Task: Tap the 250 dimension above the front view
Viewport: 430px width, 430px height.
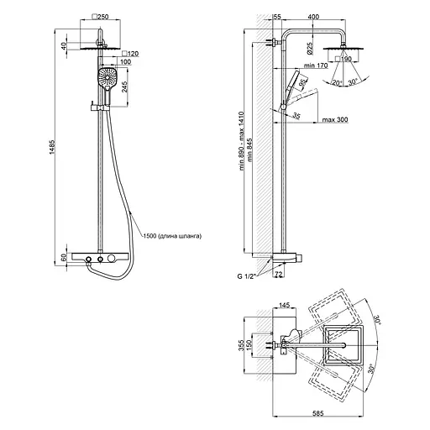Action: click(101, 17)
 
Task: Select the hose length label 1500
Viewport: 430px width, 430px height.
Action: click(149, 236)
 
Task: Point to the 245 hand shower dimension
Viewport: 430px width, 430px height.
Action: click(124, 87)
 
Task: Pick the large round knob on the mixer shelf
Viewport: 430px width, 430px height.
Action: click(112, 258)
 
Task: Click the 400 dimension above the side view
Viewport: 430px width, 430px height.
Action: click(313, 17)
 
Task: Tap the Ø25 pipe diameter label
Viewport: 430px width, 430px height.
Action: click(310, 48)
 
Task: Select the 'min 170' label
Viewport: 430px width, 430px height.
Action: click(316, 66)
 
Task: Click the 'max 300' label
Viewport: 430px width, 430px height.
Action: click(335, 119)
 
